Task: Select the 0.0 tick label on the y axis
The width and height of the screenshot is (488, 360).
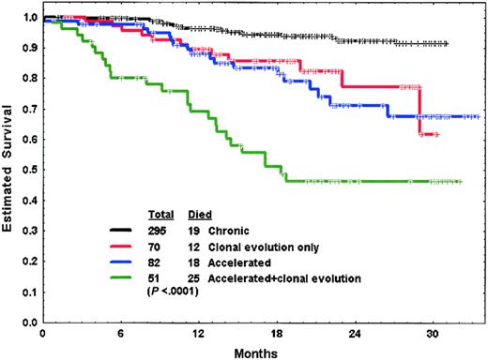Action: pyautogui.click(x=27, y=322)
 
